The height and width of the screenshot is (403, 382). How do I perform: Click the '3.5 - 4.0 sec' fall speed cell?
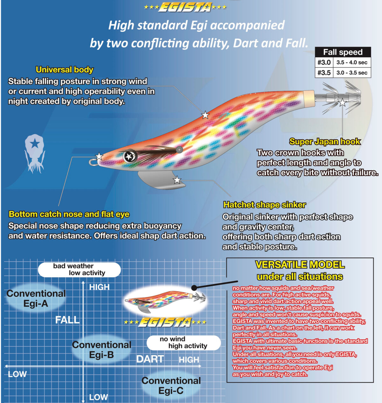[352, 62]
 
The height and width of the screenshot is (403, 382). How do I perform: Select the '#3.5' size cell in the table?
[324, 73]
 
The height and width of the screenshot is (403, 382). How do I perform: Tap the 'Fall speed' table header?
[343, 52]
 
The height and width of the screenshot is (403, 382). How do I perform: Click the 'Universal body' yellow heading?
[65, 70]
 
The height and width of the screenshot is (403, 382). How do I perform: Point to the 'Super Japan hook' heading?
[325, 142]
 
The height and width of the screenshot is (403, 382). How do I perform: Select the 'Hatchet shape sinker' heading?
[265, 205]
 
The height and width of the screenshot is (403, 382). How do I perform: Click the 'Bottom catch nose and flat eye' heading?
[69, 214]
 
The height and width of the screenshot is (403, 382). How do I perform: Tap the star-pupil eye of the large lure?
[130, 157]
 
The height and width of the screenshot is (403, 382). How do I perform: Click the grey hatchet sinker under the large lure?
[161, 180]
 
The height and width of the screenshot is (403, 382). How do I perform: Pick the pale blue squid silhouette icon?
[35, 154]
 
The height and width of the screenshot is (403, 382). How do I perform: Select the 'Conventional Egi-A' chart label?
[36, 299]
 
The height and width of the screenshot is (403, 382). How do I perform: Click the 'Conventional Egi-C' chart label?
[171, 385]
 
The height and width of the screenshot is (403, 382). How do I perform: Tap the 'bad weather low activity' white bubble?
[79, 270]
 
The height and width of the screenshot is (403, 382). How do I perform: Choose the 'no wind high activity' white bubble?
[184, 342]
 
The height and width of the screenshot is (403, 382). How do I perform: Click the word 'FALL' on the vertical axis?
[67, 320]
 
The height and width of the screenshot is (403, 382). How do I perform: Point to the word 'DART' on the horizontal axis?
[150, 359]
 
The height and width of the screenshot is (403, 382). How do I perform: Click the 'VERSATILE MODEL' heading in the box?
[300, 265]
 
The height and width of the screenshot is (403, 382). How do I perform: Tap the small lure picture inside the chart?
[166, 300]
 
